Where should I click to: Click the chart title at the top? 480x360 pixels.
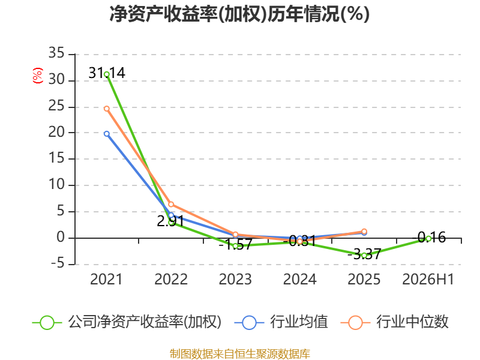pos(239,14)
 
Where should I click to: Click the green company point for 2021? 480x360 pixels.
pos(107,74)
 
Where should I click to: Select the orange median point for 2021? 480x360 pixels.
pos(107,109)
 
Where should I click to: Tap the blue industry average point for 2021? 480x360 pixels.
pos(107,134)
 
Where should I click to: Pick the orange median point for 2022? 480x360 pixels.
pos(171,204)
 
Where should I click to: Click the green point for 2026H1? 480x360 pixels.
pos(428,238)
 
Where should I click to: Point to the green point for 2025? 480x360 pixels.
pos(364,256)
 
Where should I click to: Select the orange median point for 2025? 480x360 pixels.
pos(364,232)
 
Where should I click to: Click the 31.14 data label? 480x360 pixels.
pos(107,73)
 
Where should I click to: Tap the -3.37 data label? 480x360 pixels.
pos(364,254)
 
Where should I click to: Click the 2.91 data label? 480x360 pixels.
pos(170,221)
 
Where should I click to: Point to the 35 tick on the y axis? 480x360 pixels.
pos(56,53)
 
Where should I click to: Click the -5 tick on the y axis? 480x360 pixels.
pos(58,263)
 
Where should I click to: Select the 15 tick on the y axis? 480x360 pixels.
pos(56,158)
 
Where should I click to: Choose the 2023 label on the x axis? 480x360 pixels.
pos(235,280)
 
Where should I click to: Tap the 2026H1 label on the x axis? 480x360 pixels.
pos(428,280)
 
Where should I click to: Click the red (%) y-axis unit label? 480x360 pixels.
pos(38,76)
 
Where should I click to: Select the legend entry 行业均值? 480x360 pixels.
pos(281,322)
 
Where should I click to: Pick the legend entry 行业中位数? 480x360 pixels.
pos(394,322)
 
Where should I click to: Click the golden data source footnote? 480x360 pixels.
pos(240,354)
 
